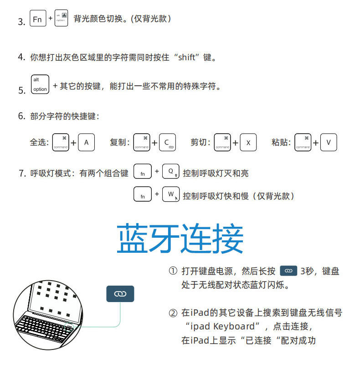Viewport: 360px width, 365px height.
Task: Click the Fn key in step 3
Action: (37, 20)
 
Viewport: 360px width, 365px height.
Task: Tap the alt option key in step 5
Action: (40, 84)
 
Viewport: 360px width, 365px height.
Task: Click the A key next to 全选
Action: (86, 142)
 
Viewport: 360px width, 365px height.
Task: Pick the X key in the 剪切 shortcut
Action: (248, 142)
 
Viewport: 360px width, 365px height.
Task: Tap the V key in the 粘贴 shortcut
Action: (329, 142)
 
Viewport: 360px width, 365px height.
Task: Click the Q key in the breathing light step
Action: (171, 172)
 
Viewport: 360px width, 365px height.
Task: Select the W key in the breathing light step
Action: (171, 194)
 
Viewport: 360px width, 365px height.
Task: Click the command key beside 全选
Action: (61, 142)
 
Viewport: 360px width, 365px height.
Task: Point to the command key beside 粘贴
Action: (303, 142)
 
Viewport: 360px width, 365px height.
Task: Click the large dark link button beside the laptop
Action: (120, 294)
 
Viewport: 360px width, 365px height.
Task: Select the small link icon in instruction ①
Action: (288, 271)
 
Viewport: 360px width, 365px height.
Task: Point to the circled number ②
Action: (173, 313)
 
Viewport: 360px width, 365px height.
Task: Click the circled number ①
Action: (173, 271)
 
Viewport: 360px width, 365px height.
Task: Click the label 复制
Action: (118, 142)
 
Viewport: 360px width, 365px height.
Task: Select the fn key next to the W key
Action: (142, 195)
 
